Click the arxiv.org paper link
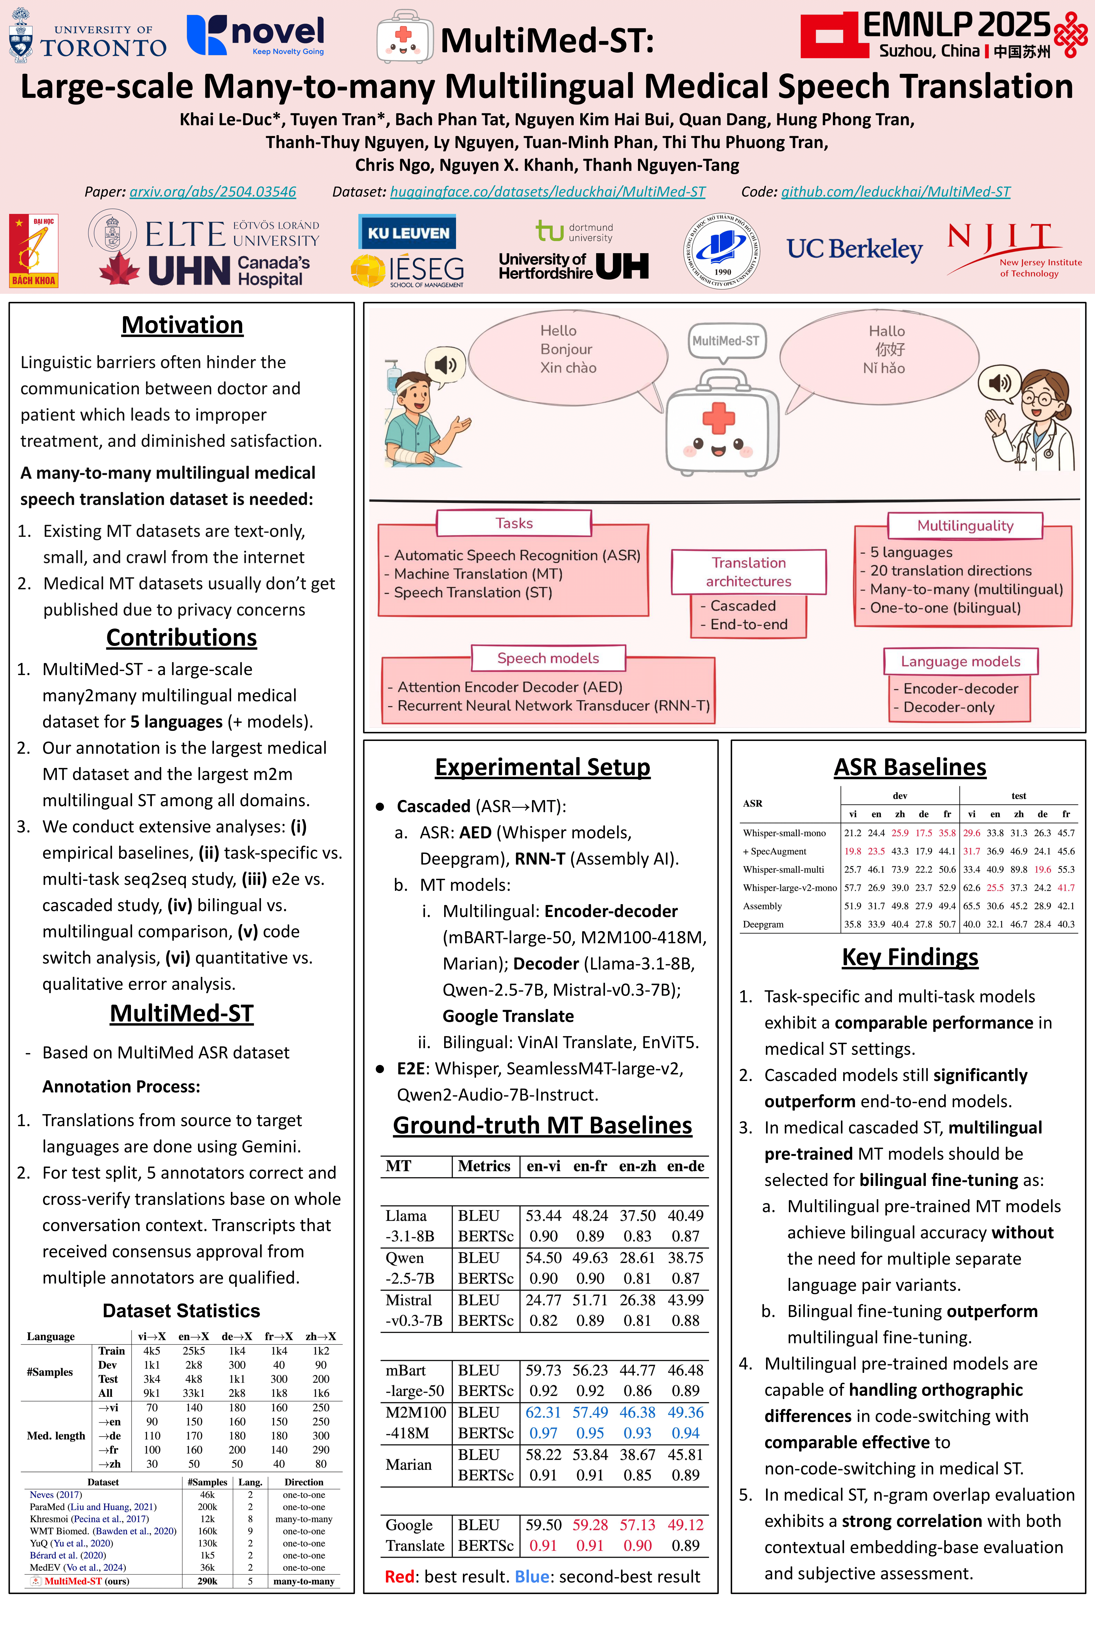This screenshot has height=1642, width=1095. (x=212, y=191)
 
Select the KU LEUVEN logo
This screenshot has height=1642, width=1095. (x=408, y=232)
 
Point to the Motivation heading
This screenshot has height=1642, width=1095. (x=182, y=325)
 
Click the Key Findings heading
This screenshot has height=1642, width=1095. (x=910, y=956)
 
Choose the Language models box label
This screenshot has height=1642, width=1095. (x=960, y=661)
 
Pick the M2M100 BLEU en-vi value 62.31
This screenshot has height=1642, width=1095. (x=543, y=1412)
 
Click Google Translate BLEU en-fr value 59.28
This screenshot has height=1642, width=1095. (x=590, y=1525)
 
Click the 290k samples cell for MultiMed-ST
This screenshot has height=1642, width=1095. (x=207, y=1581)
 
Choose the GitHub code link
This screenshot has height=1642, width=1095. (x=895, y=191)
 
